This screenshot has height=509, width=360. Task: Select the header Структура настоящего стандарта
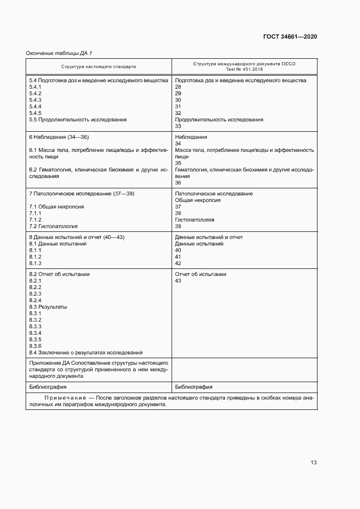pyautogui.click(x=99, y=66)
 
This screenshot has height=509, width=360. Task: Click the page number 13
pyautogui.click(x=314, y=463)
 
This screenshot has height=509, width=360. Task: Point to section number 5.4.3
pyautogui.click(x=35, y=100)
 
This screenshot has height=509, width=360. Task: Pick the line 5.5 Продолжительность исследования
pyautogui.click(x=78, y=120)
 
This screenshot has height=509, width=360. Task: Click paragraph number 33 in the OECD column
pyautogui.click(x=178, y=126)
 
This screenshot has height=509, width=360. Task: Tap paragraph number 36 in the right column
pyautogui.click(x=178, y=183)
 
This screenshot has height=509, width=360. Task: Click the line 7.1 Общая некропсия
pyautogui.click(x=56, y=207)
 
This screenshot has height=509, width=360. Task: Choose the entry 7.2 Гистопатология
pyautogui.click(x=53, y=226)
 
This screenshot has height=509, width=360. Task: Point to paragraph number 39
pyautogui.click(x=178, y=226)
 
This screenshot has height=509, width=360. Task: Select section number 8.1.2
pyautogui.click(x=35, y=257)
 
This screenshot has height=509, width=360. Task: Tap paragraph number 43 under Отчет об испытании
pyautogui.click(x=178, y=281)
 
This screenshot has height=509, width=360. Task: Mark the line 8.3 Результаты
pyautogui.click(x=48, y=307)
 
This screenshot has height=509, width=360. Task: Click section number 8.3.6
pyautogui.click(x=35, y=346)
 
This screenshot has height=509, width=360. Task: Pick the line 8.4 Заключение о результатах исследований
pyautogui.click(x=86, y=353)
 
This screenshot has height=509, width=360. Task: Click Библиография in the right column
pyautogui.click(x=193, y=387)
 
